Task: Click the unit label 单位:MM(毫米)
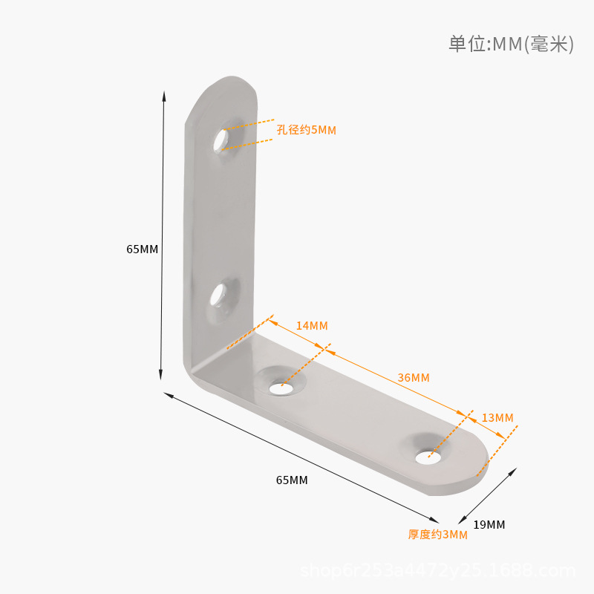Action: coord(511,44)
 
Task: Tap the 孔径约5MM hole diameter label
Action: coord(307,130)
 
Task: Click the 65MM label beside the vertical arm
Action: coord(142,249)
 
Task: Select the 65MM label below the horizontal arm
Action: coord(292,480)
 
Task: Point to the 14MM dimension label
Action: coord(312,326)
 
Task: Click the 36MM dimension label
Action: coord(414,378)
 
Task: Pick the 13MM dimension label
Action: coord(497,418)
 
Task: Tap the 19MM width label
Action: coord(489,525)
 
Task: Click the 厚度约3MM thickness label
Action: coord(438,535)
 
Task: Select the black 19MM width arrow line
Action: coord(487,496)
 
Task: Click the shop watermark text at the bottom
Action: coord(437,571)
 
